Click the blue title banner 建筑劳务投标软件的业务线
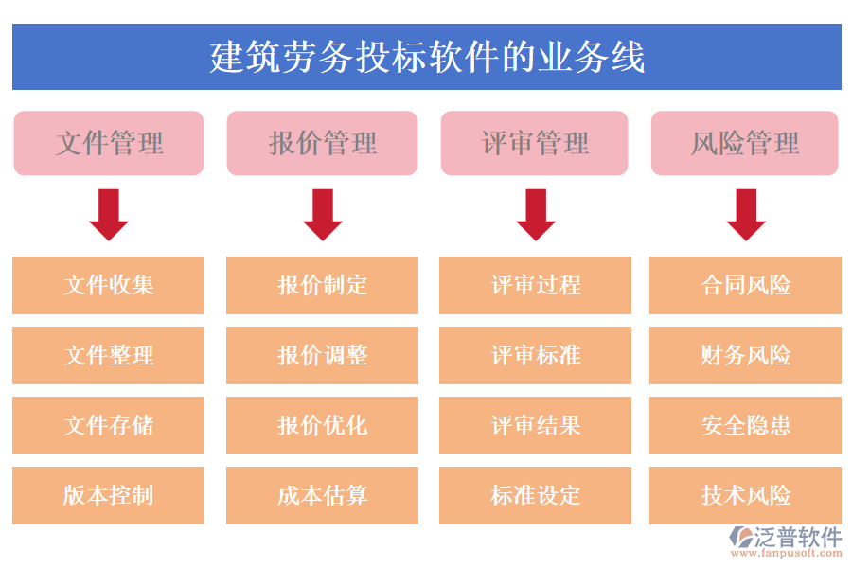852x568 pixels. click(x=426, y=57)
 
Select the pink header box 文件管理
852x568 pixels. click(x=109, y=143)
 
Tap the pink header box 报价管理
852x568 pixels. click(x=322, y=143)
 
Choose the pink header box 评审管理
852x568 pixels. click(x=535, y=143)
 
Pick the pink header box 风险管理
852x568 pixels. click(x=745, y=143)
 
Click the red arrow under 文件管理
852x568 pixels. click(x=109, y=214)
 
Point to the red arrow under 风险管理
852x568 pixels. click(x=746, y=214)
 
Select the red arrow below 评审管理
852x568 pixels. click(x=536, y=214)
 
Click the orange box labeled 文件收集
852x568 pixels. click(x=109, y=285)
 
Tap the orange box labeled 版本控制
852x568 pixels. click(x=109, y=495)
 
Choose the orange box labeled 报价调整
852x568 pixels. click(x=322, y=355)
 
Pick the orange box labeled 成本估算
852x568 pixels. click(x=322, y=495)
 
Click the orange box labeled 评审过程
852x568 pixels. click(x=536, y=285)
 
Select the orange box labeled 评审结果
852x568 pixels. click(x=536, y=425)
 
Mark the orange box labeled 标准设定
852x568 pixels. click(x=536, y=495)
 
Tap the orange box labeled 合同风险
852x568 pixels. click(x=746, y=285)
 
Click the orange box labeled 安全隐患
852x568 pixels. click(x=746, y=425)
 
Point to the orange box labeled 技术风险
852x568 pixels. click(x=746, y=495)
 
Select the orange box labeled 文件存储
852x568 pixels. click(x=109, y=425)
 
